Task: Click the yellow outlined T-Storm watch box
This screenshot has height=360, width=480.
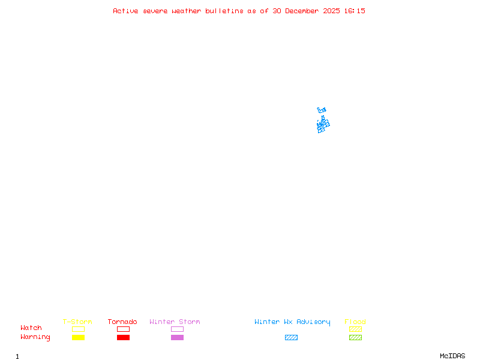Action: click(78, 329)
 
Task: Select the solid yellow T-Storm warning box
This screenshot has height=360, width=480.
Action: click(78, 337)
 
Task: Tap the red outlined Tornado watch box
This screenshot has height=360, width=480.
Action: click(123, 329)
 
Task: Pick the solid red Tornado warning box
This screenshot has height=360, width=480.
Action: click(123, 337)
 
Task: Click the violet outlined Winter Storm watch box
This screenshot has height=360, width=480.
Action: click(177, 329)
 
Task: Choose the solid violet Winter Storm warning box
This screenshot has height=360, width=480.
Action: click(177, 337)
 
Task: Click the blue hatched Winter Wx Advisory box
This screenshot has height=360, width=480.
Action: click(291, 337)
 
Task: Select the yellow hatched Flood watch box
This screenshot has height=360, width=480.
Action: click(355, 329)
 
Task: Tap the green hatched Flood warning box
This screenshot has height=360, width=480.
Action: click(355, 337)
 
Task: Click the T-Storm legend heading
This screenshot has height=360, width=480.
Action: click(77, 322)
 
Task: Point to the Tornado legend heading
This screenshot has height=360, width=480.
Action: click(122, 322)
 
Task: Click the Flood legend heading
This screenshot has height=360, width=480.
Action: click(355, 322)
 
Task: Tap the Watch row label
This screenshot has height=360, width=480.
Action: click(31, 328)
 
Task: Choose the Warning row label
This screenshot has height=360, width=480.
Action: click(35, 337)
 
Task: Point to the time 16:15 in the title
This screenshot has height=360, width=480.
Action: click(353, 11)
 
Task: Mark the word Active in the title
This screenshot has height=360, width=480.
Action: click(125, 11)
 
